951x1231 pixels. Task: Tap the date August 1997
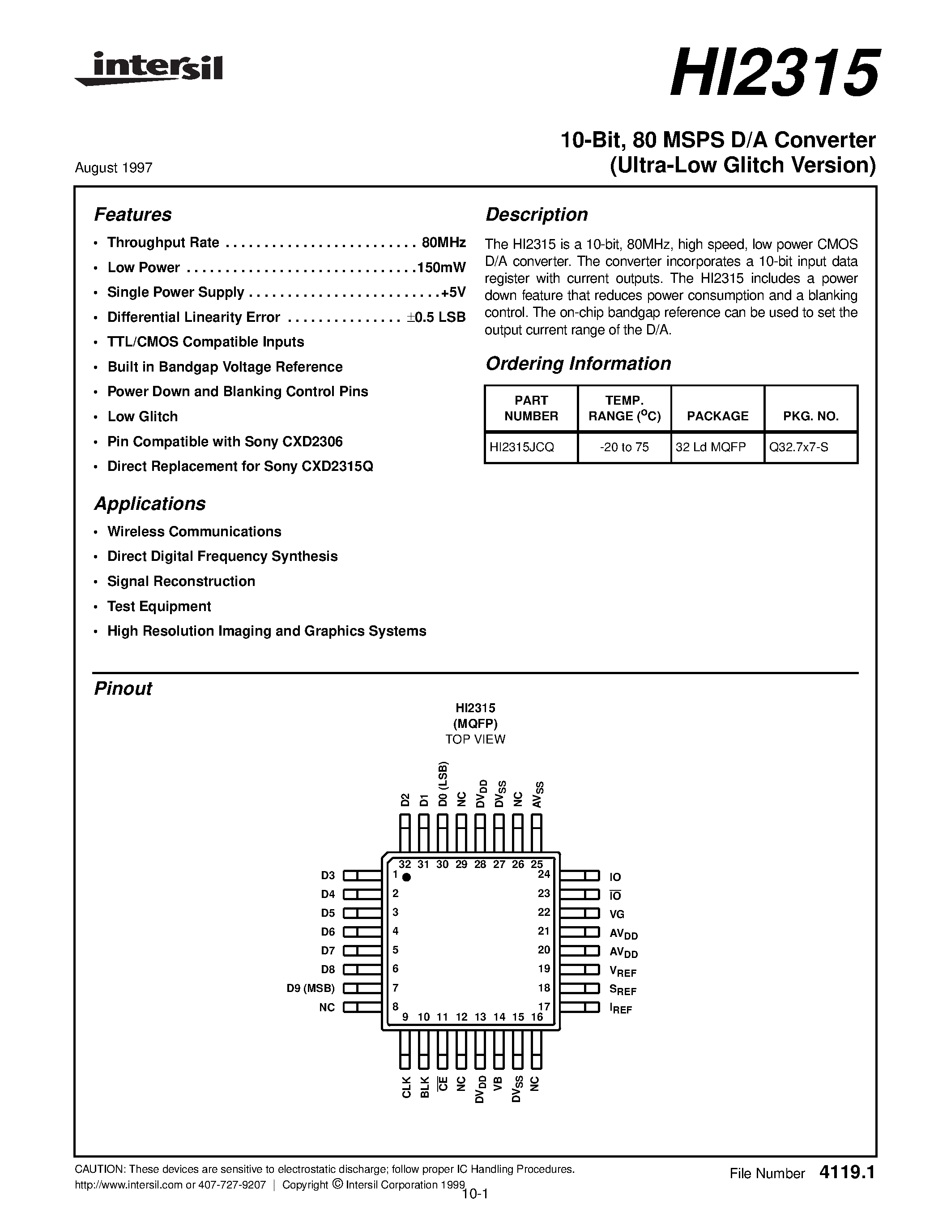[113, 168]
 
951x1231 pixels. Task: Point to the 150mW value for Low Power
[441, 267]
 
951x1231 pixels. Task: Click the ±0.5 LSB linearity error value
[436, 317]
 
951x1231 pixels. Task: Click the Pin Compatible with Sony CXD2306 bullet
[225, 441]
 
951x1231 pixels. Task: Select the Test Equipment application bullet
[159, 607]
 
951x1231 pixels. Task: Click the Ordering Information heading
[578, 363]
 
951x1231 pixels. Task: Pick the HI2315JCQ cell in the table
[522, 447]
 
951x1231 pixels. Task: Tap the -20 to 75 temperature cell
[624, 447]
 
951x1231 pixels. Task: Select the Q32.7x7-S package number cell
[798, 447]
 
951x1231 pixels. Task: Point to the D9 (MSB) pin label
[311, 988]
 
